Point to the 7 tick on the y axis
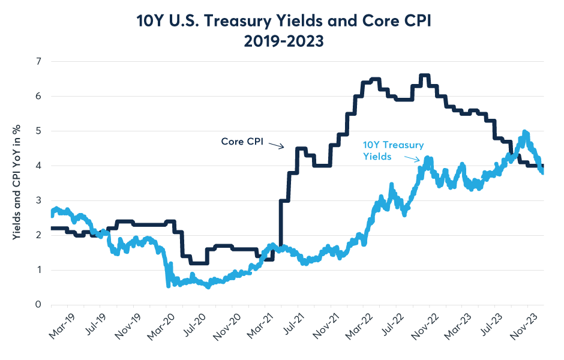pyautogui.click(x=38, y=61)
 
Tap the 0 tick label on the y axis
pyautogui.click(x=38, y=305)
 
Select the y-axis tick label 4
pyautogui.click(x=38, y=166)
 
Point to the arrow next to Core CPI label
pyautogui.click(x=275, y=145)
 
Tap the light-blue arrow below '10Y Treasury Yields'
pyautogui.click(x=412, y=158)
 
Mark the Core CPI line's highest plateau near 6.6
pyautogui.click(x=424, y=76)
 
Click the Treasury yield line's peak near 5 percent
pyautogui.click(x=525, y=132)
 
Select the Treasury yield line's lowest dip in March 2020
pyautogui.click(x=168, y=286)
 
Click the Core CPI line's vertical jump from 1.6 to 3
pyautogui.click(x=280, y=228)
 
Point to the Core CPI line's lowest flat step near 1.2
pyautogui.click(x=199, y=263)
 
